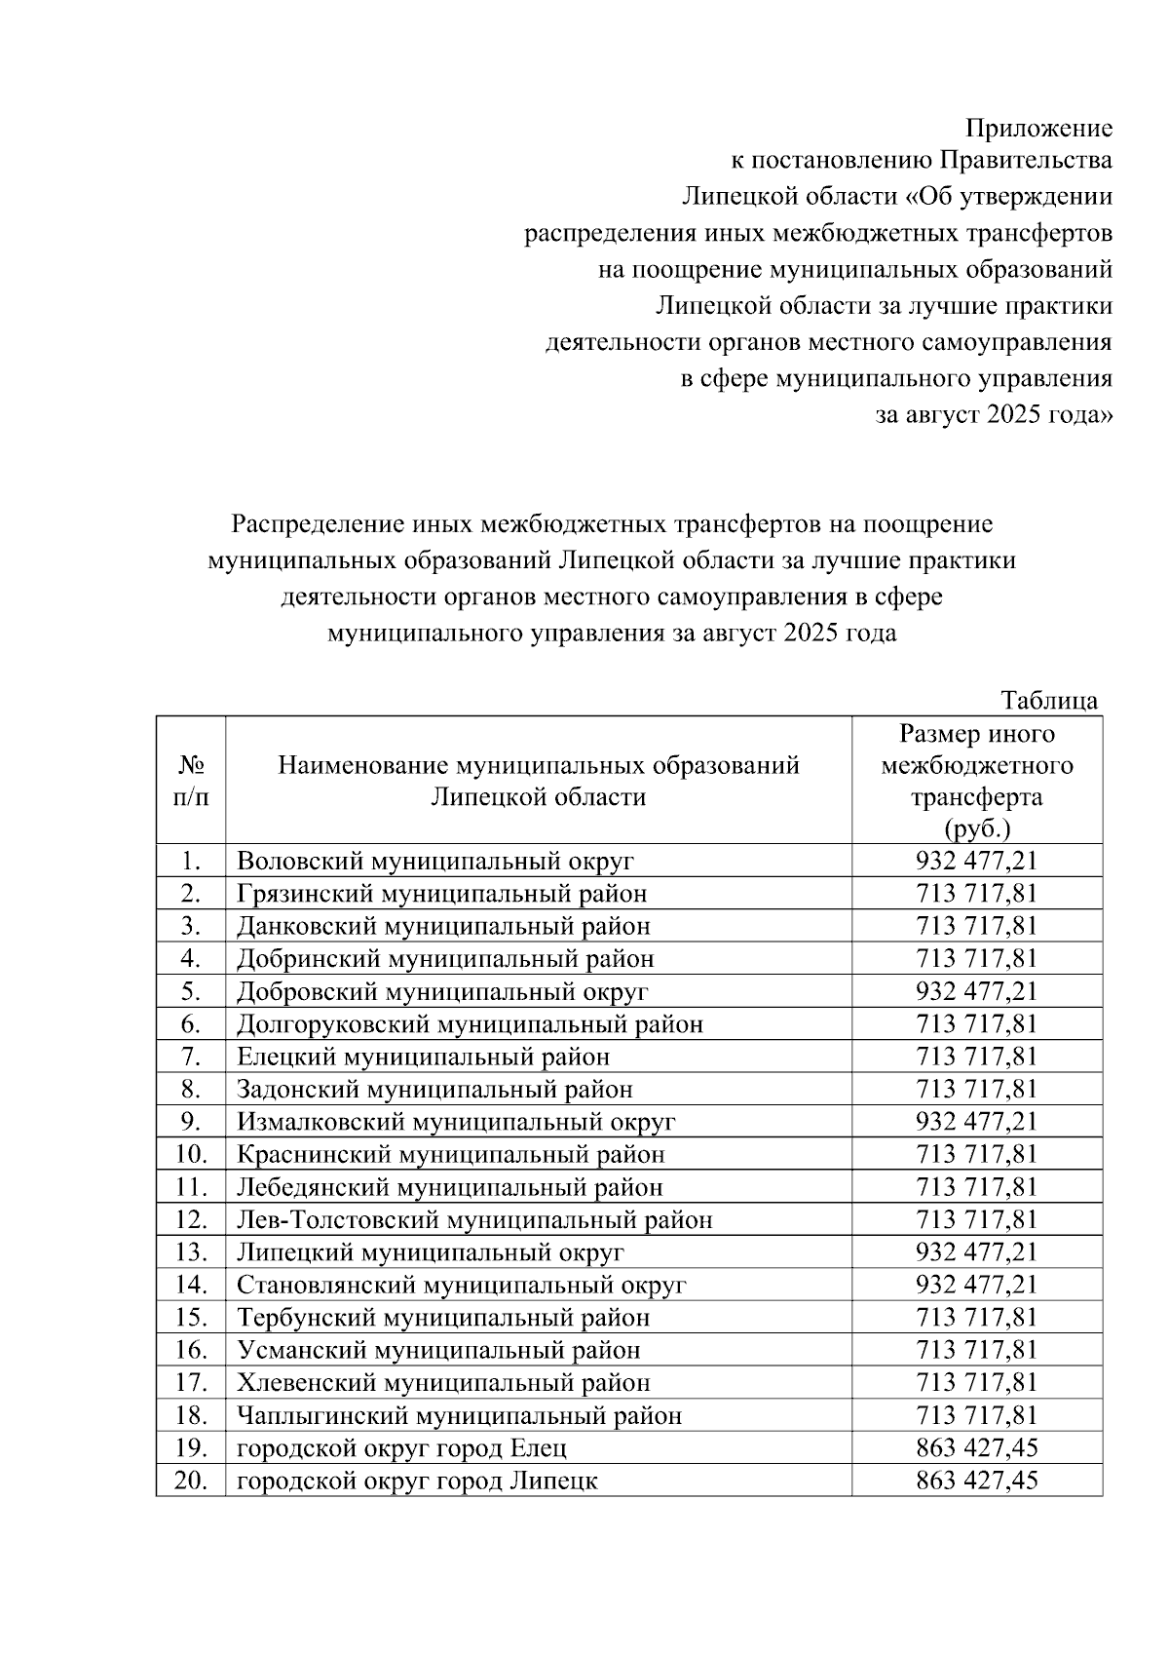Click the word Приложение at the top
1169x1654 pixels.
tap(1038, 129)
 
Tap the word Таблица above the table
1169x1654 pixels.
tap(1049, 701)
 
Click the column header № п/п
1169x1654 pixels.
tap(191, 782)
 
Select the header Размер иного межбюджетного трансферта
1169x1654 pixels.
tap(976, 781)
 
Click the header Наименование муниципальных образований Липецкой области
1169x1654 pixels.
tap(538, 781)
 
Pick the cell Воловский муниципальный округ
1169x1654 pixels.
tap(435, 862)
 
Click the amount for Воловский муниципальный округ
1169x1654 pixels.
tap(976, 862)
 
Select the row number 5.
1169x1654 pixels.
tap(191, 991)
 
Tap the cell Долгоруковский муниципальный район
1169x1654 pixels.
tap(470, 1024)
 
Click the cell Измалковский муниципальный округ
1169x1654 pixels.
tap(456, 1122)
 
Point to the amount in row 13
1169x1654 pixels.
tap(976, 1252)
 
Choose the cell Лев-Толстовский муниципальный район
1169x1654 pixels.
tap(474, 1220)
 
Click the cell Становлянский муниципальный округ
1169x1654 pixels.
tap(462, 1286)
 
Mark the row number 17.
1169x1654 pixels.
tap(191, 1383)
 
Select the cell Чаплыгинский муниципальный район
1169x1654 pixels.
tap(459, 1416)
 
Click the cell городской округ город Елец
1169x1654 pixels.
tap(401, 1449)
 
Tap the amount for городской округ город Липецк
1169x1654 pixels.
tap(976, 1481)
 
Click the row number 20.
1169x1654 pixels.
tap(191, 1481)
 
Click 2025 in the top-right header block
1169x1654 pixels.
tap(1014, 415)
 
